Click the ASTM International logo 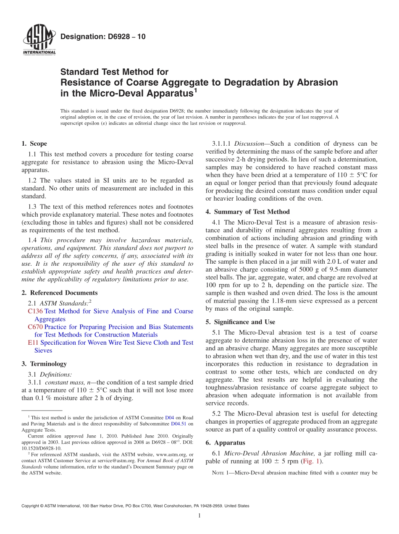pyautogui.click(x=39, y=40)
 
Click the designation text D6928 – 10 pyautogui.click(x=103, y=37)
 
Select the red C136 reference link pyautogui.click(x=35, y=311)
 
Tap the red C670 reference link pyautogui.click(x=35, y=327)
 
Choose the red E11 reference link pyautogui.click(x=33, y=343)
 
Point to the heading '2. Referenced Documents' pyautogui.click(x=59, y=293)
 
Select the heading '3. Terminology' pyautogui.click(x=44, y=364)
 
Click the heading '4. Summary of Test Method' pyautogui.click(x=247, y=212)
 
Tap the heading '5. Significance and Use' pyautogui.click(x=240, y=322)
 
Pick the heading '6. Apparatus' pyautogui.click(x=226, y=443)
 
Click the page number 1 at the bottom pyautogui.click(x=199, y=516)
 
